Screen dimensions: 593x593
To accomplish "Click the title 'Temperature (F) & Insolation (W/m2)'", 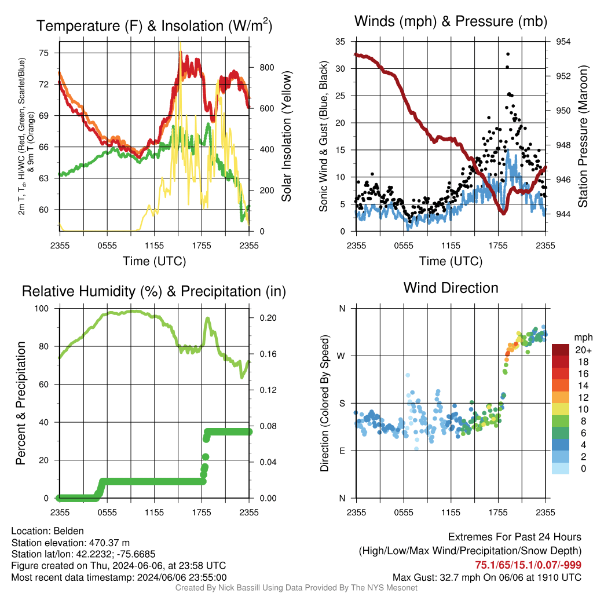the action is click(154, 25).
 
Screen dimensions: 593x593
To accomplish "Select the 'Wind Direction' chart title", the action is click(451, 288).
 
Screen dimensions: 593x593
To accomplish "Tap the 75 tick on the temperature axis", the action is click(44, 53).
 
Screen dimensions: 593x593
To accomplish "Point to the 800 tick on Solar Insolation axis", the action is click(266, 68).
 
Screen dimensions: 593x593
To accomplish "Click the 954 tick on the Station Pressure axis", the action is click(563, 42).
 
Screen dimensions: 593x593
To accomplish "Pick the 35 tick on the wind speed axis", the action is click(340, 42).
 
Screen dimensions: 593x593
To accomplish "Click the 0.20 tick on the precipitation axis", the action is click(268, 318).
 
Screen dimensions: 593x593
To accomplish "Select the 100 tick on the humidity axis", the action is click(42, 308).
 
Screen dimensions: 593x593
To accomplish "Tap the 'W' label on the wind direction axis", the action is click(341, 356).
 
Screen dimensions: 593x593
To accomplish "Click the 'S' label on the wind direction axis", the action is click(342, 403).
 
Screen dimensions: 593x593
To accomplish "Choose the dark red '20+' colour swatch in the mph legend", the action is click(561, 350).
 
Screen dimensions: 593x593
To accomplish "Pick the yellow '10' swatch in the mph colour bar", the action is click(561, 409).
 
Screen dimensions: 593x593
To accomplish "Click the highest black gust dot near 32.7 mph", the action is click(508, 54).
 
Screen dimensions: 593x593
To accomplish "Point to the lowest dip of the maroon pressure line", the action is click(503, 213).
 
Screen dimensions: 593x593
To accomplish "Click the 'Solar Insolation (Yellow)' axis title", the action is click(286, 136).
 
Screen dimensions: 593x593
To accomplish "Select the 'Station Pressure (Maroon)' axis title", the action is click(583, 136).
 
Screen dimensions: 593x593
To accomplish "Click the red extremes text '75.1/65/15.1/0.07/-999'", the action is click(528, 565).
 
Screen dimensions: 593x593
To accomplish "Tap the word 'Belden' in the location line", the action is click(68, 531).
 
